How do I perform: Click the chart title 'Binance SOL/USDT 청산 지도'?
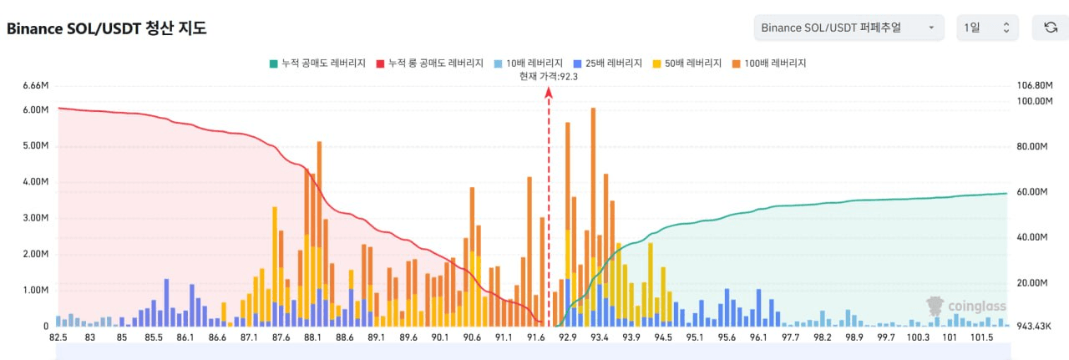(106, 28)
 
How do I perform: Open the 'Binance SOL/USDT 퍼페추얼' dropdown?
(849, 28)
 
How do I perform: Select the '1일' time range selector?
(987, 28)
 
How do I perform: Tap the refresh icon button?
(1051, 28)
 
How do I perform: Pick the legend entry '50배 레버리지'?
(690, 63)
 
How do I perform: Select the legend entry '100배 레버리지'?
(769, 63)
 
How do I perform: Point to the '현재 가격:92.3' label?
(549, 76)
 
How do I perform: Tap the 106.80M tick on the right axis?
(1033, 85)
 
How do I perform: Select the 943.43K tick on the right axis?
(1033, 327)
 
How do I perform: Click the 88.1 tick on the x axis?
(313, 337)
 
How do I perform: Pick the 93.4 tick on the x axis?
(600, 337)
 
